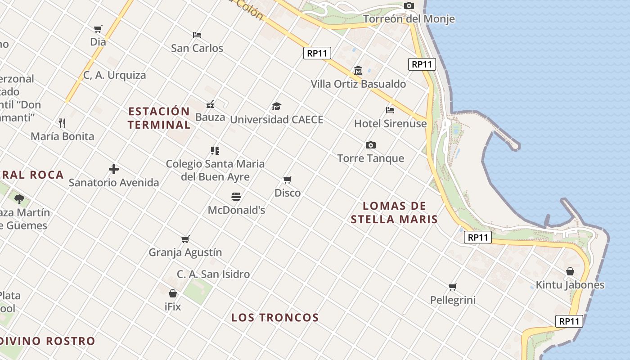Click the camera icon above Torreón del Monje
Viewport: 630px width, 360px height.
[409, 6]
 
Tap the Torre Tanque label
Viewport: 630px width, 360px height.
[370, 158]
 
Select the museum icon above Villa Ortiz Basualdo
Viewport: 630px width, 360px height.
[358, 71]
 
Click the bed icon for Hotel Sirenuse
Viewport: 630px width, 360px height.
[390, 110]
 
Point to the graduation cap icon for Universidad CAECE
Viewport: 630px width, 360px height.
[276, 107]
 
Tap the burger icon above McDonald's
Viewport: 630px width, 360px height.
[236, 197]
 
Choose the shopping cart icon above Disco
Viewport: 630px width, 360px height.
[288, 180]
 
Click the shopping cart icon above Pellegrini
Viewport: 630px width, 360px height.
[453, 287]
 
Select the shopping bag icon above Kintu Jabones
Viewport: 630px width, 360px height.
[570, 271]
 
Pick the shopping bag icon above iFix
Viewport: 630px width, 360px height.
[172, 293]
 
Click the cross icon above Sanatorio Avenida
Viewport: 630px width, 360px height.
[114, 169]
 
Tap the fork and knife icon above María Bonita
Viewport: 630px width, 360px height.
[62, 123]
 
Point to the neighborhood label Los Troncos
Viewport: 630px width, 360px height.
[275, 318]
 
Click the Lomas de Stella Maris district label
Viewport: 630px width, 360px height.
[394, 213]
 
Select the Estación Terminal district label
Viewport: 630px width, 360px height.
[159, 118]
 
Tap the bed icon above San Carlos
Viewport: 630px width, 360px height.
[197, 35]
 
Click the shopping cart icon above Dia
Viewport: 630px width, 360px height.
[98, 29]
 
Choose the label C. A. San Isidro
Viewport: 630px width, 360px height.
[213, 274]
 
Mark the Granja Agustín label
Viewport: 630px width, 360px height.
[185, 252]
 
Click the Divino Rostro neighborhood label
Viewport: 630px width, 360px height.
[47, 341]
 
